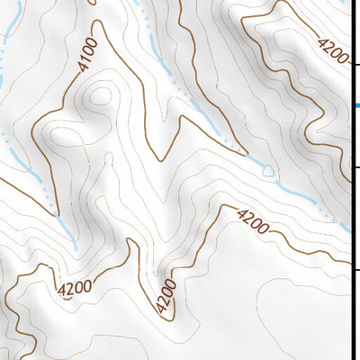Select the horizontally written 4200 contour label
tap(74, 290)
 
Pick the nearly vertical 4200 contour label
tap(164, 297)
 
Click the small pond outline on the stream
tap(266, 167)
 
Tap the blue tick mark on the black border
tap(355, 106)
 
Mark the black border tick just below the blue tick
tap(355, 167)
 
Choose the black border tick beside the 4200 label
tap(355, 65)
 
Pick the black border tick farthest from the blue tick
tap(355, 268)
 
